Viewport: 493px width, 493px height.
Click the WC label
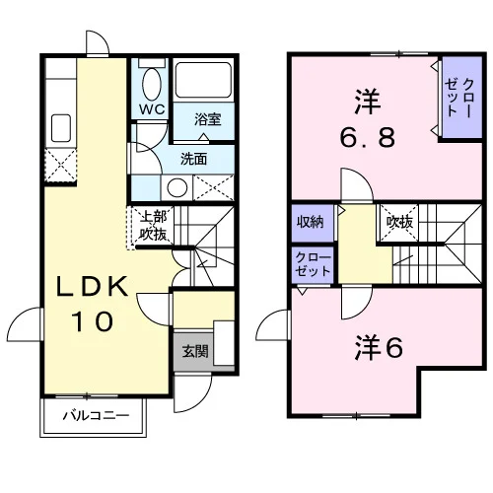pyautogui.click(x=152, y=109)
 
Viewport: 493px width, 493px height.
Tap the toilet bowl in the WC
pyautogui.click(x=152, y=84)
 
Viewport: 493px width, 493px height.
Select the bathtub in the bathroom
pyautogui.click(x=203, y=80)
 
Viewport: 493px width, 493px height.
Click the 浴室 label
pyautogui.click(x=208, y=119)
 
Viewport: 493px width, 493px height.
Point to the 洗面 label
pyautogui.click(x=194, y=159)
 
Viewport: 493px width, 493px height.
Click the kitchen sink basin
pyautogui.click(x=61, y=128)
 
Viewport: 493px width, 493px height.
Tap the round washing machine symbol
pyautogui.click(x=177, y=187)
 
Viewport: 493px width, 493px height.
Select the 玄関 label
pyautogui.click(x=195, y=351)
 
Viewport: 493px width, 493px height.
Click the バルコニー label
pyautogui.click(x=96, y=416)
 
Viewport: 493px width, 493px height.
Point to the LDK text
pyautogui.click(x=93, y=287)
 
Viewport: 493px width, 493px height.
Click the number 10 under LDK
pyautogui.click(x=93, y=321)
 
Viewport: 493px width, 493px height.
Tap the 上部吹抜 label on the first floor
pyautogui.click(x=153, y=226)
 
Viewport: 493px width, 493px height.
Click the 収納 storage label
pyautogui.click(x=311, y=223)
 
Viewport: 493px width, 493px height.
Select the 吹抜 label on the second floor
pyautogui.click(x=399, y=223)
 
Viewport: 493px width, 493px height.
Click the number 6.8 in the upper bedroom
pyautogui.click(x=368, y=137)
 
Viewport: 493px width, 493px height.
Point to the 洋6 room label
pyautogui.click(x=379, y=348)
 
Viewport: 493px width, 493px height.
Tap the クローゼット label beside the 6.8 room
pyautogui.click(x=459, y=98)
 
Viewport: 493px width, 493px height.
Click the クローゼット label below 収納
pyautogui.click(x=313, y=265)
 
